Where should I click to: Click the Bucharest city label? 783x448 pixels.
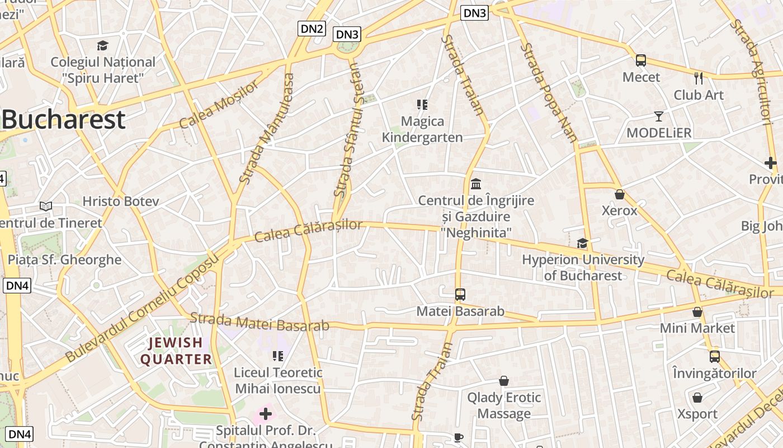tap(63, 120)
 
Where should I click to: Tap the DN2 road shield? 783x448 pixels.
tap(312, 29)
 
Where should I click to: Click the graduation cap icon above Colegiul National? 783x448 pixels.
tap(102, 45)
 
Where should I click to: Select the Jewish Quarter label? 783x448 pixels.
tap(176, 351)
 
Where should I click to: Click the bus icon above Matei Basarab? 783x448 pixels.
tap(460, 294)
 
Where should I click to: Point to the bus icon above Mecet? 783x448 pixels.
tap(641, 60)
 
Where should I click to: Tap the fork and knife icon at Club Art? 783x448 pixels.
tap(698, 78)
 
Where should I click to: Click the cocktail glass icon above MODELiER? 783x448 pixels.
tap(659, 116)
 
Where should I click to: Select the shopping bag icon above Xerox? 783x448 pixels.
tap(619, 194)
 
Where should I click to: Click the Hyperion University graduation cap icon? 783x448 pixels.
tap(582, 243)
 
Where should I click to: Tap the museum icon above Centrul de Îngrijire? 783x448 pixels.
tap(476, 183)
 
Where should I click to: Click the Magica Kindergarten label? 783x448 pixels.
tap(422, 129)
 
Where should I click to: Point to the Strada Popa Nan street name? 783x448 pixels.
tap(549, 93)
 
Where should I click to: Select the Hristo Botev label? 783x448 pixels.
tap(121, 201)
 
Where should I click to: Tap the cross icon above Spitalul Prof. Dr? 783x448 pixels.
tap(266, 414)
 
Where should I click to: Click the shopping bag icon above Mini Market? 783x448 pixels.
tap(697, 312)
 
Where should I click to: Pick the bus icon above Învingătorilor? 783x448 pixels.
tap(714, 356)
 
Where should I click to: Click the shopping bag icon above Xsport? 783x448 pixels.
tap(697, 398)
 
